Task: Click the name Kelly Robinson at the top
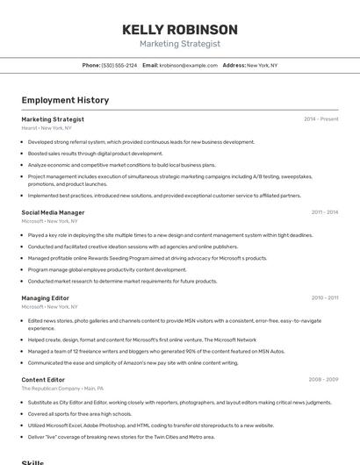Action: click(x=180, y=30)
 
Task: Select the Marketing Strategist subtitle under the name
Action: click(x=180, y=44)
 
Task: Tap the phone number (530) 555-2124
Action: click(x=119, y=65)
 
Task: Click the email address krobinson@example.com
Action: click(x=189, y=65)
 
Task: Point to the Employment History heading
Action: click(x=65, y=100)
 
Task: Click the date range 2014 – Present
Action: click(x=320, y=119)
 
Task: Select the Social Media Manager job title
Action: click(x=53, y=212)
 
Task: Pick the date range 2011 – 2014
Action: click(x=324, y=212)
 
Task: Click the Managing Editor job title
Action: click(x=45, y=298)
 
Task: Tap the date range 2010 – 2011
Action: click(x=324, y=298)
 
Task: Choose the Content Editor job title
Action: click(x=43, y=379)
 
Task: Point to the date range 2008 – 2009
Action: click(x=323, y=379)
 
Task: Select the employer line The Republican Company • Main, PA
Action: click(x=62, y=388)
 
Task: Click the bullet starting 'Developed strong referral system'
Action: click(x=140, y=141)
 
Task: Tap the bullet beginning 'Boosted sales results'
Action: click(x=95, y=153)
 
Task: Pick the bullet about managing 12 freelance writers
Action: click(x=156, y=351)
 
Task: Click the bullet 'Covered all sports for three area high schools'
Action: click(x=79, y=413)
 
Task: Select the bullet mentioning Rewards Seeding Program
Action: click(x=147, y=258)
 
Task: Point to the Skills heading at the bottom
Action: click(x=32, y=461)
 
